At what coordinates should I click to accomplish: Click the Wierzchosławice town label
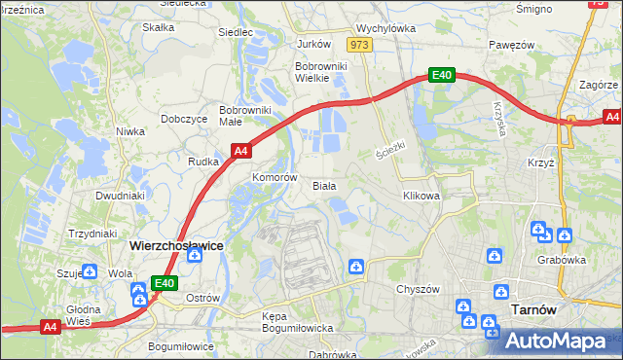[x=176, y=246]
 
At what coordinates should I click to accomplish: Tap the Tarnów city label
[x=532, y=309]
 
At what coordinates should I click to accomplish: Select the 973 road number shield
[x=359, y=45]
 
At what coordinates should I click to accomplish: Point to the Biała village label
[x=324, y=185]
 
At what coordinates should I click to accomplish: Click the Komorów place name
[x=274, y=178]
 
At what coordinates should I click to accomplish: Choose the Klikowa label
[x=421, y=195]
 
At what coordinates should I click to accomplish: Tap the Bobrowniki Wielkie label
[x=317, y=73]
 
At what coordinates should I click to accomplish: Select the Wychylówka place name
[x=386, y=29]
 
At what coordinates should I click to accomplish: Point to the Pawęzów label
[x=513, y=45]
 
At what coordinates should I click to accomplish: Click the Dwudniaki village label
[x=120, y=195]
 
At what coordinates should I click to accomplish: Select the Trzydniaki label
[x=92, y=234]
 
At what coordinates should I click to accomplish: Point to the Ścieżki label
[x=389, y=152]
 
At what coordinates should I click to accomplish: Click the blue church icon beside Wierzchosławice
[x=195, y=255]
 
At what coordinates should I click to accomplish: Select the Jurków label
[x=314, y=44]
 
